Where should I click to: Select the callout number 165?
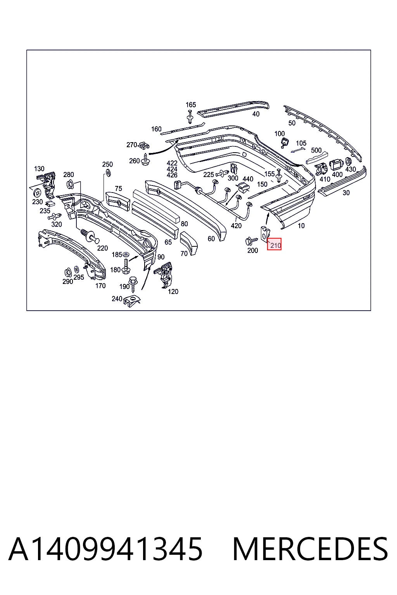(191, 105)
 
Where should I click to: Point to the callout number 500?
(316, 150)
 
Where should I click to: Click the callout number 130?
(39, 169)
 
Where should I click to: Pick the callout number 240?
(117, 299)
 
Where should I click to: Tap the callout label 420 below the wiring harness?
(236, 226)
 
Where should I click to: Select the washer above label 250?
(108, 173)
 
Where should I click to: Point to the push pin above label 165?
(190, 117)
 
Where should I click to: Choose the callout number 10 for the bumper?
(301, 226)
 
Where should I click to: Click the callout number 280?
(68, 175)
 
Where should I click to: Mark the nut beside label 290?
(67, 272)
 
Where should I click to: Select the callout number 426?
(172, 175)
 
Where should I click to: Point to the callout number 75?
(118, 188)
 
